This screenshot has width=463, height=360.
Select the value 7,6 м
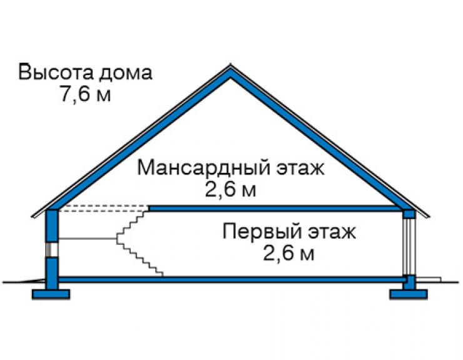[x=86, y=94]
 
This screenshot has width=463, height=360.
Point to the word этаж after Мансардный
[x=301, y=168]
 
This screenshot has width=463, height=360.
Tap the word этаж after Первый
[x=332, y=232]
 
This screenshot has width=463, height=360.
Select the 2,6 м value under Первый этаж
[x=288, y=253]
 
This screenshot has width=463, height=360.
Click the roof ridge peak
[x=231, y=66]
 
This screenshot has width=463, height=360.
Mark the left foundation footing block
[x=51, y=294]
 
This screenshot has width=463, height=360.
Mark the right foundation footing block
[x=409, y=294]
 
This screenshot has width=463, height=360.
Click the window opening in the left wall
[x=52, y=249]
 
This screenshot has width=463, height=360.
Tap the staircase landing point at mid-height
[x=117, y=238]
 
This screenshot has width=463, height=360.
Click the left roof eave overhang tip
[x=32, y=217]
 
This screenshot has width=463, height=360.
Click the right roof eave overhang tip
[x=429, y=217]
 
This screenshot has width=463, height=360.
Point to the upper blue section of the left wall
[x=52, y=225]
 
